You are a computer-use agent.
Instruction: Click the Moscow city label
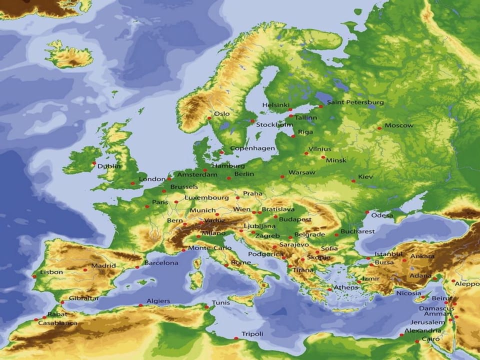(x=398, y=125)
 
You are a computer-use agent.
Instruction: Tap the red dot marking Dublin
(x=94, y=163)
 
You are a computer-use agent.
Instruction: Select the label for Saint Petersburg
(x=355, y=102)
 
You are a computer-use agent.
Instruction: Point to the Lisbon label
(x=51, y=272)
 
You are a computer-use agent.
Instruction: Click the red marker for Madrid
(x=85, y=269)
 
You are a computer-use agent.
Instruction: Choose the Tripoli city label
(x=252, y=334)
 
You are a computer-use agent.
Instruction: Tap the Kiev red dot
(x=353, y=181)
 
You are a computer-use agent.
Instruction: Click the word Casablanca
(x=57, y=323)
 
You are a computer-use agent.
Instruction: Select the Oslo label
(x=221, y=114)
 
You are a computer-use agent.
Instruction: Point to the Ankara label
(x=422, y=256)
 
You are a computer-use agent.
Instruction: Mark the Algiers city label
(x=158, y=301)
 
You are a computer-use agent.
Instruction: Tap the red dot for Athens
(x=330, y=289)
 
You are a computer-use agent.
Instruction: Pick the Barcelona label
(x=161, y=263)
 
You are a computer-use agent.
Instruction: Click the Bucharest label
(x=357, y=231)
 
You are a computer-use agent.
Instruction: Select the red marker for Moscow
(x=379, y=128)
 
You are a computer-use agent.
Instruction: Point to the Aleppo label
(x=467, y=283)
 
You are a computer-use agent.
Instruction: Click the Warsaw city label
(x=302, y=172)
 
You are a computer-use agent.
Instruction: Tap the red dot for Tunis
(x=206, y=306)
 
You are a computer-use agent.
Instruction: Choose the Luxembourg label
(x=206, y=197)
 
